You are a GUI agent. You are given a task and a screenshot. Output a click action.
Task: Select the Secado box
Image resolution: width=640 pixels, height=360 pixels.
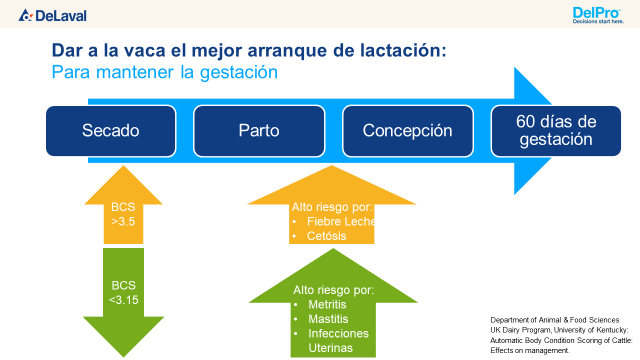[111, 131]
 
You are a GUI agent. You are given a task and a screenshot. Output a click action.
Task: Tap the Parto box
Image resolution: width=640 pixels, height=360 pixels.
[259, 131]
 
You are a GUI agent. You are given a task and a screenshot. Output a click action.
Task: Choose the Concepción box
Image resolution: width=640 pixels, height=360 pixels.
[407, 131]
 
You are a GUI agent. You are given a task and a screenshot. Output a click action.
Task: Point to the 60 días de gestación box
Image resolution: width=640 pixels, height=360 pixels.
[556, 131]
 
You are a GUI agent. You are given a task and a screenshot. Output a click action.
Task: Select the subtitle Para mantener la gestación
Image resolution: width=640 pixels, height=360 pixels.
[163, 73]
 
